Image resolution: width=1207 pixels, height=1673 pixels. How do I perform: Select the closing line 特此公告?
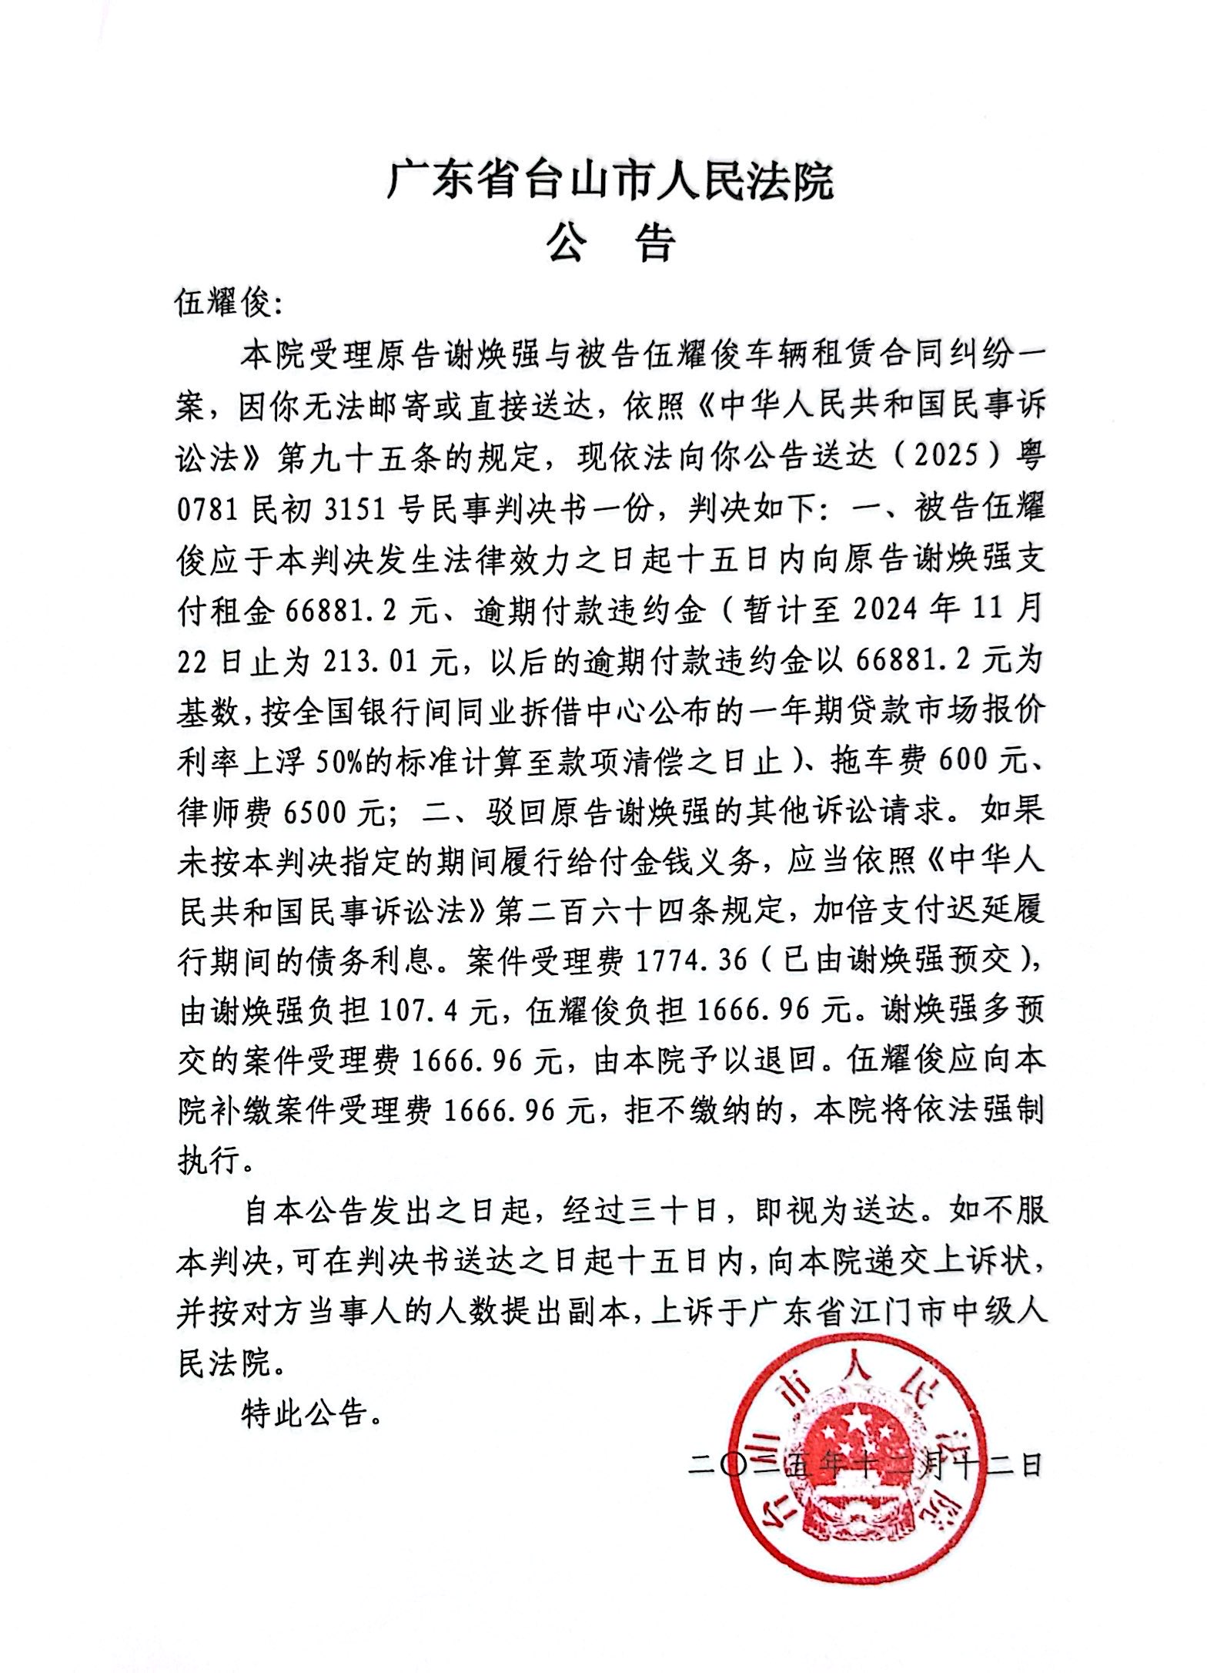(312, 1413)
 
